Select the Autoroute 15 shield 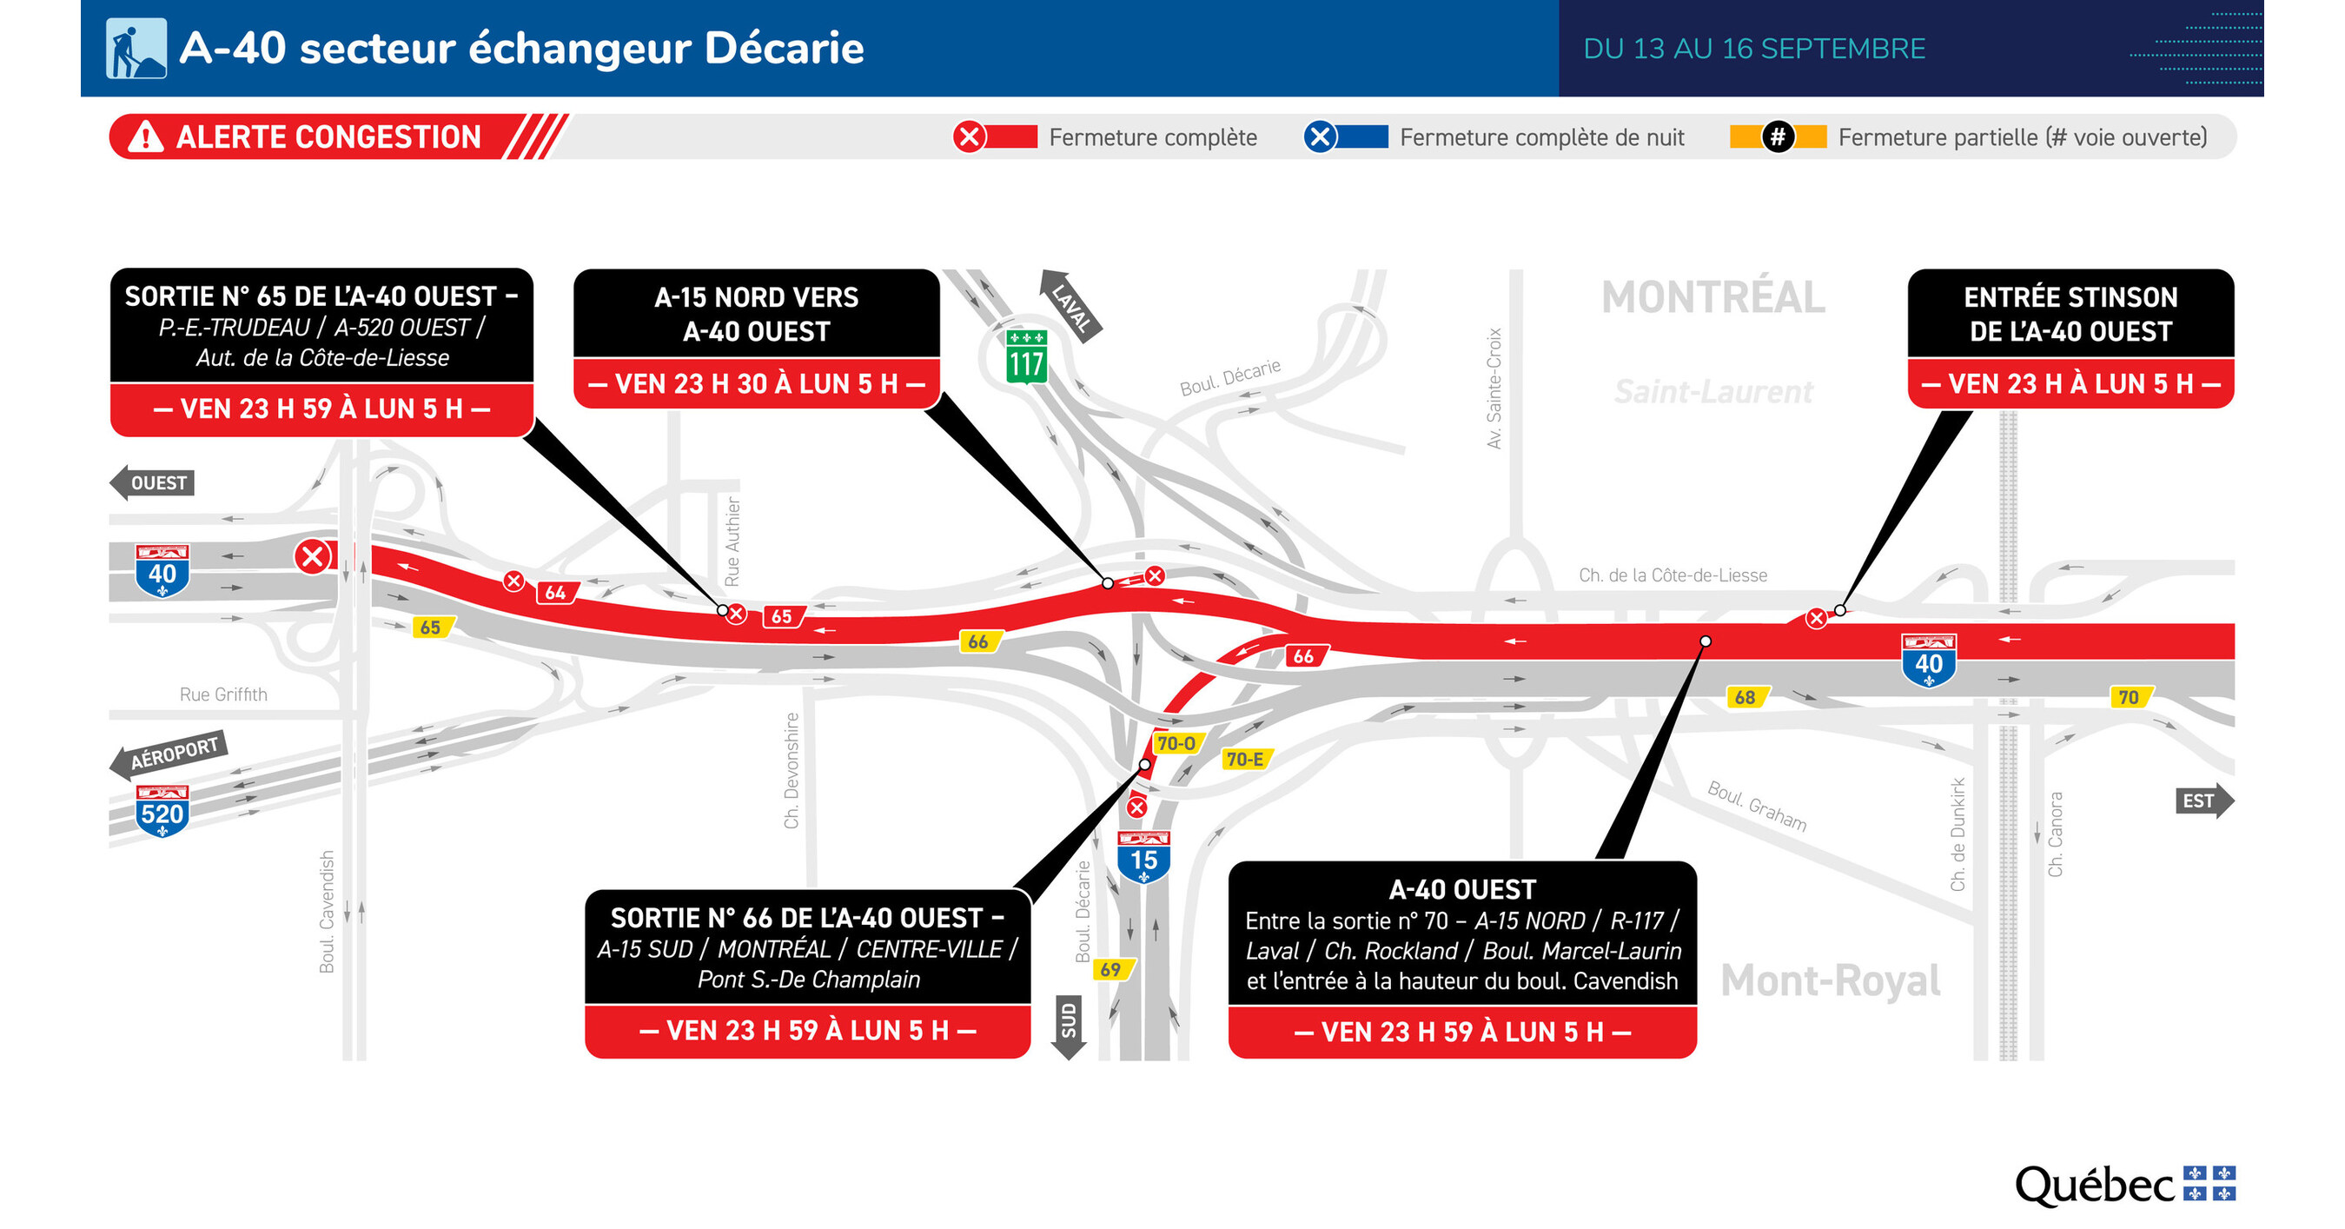click(x=1143, y=857)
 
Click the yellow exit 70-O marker click(x=1176, y=744)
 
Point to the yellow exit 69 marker click(x=1110, y=969)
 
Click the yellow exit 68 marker click(x=1746, y=697)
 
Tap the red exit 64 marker click(x=555, y=593)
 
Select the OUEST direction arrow click(x=152, y=482)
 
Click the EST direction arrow click(x=2203, y=801)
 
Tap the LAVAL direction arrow click(x=1070, y=305)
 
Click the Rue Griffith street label click(x=223, y=694)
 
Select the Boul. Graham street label click(x=1756, y=806)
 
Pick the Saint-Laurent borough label click(x=1712, y=391)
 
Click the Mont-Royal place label click(x=1830, y=980)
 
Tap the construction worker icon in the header click(x=136, y=49)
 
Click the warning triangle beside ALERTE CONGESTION click(x=146, y=137)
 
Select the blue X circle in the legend click(x=1319, y=137)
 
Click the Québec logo click(x=2123, y=1186)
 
